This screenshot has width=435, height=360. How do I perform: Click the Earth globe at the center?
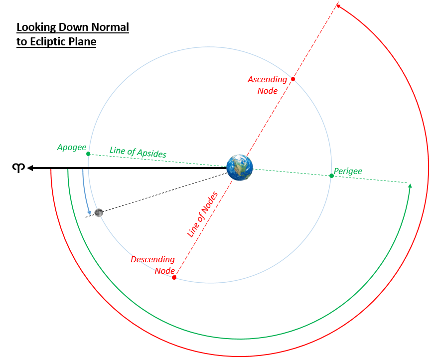(240, 168)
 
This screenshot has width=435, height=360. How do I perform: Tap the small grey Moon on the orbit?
(99, 212)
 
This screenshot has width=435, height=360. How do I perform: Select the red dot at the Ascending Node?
(293, 79)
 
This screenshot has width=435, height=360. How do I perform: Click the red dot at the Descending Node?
(174, 277)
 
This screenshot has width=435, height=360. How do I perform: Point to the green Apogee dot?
(88, 154)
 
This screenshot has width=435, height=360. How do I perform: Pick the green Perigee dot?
(331, 176)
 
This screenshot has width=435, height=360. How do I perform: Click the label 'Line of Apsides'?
(138, 152)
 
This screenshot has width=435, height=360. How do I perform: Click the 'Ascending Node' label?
(268, 85)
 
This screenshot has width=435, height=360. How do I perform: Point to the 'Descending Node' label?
(153, 265)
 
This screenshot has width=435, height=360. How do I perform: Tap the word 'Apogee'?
(71, 147)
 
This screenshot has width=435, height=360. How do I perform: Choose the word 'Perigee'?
(348, 171)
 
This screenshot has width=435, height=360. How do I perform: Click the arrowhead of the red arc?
(338, 6)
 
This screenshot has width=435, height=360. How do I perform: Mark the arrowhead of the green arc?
(410, 186)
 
